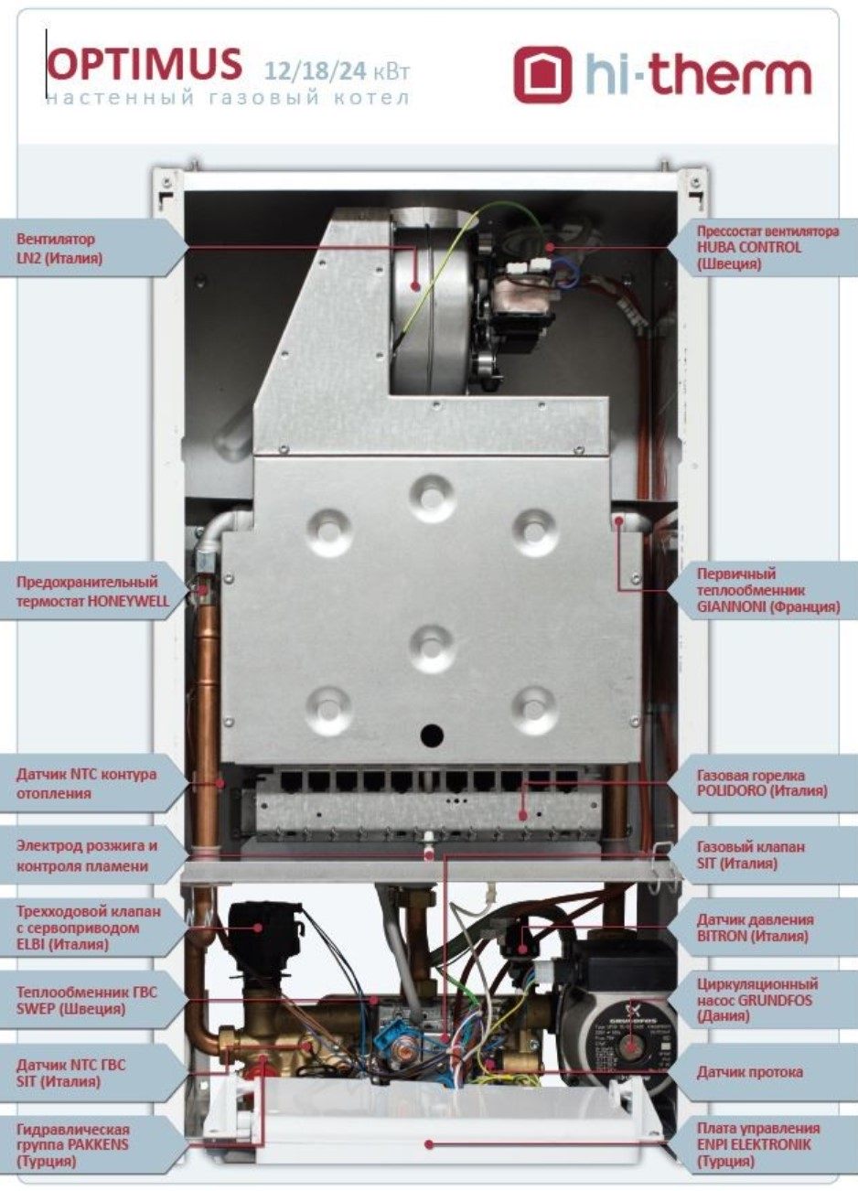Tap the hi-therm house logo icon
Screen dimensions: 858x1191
point(542,74)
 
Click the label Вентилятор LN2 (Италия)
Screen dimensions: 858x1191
point(59,248)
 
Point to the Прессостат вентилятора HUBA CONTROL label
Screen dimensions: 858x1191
point(767,247)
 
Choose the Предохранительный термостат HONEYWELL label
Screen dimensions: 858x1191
point(92,592)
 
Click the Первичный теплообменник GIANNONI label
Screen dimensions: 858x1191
point(768,590)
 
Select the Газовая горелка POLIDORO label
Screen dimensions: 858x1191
point(762,783)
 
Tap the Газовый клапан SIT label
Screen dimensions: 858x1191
point(750,855)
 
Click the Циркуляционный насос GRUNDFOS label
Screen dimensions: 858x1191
point(757,1001)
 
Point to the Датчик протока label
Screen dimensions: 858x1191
point(749,1072)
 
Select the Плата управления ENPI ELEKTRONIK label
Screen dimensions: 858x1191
point(758,1145)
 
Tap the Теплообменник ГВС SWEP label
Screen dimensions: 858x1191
point(87,1000)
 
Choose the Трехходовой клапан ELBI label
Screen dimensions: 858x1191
point(88,928)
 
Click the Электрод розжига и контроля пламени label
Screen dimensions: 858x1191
point(87,855)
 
